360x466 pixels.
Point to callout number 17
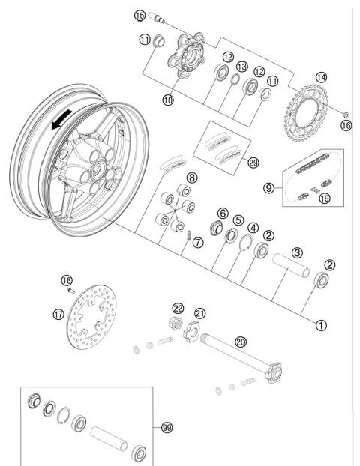(x=59, y=315)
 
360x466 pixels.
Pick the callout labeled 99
(x=167, y=427)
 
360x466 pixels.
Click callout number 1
(x=322, y=325)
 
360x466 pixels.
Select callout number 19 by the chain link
(x=325, y=199)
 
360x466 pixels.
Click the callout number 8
(x=193, y=177)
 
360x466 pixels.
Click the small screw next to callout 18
(x=70, y=288)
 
